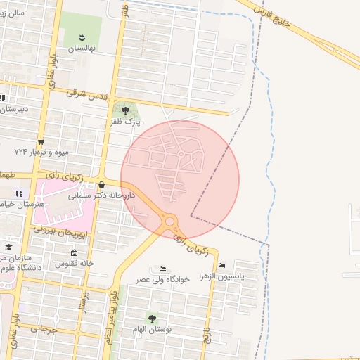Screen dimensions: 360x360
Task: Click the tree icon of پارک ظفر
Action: click(x=125, y=110)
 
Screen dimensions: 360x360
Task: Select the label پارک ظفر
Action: click(x=125, y=122)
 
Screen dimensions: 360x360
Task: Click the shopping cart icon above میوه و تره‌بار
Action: click(x=41, y=141)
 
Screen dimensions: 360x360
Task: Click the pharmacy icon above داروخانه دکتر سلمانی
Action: click(x=111, y=185)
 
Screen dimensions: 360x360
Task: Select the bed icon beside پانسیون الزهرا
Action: click(x=222, y=266)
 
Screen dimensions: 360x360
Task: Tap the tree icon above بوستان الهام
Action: click(x=153, y=318)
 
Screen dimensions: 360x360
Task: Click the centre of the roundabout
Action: click(x=169, y=222)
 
